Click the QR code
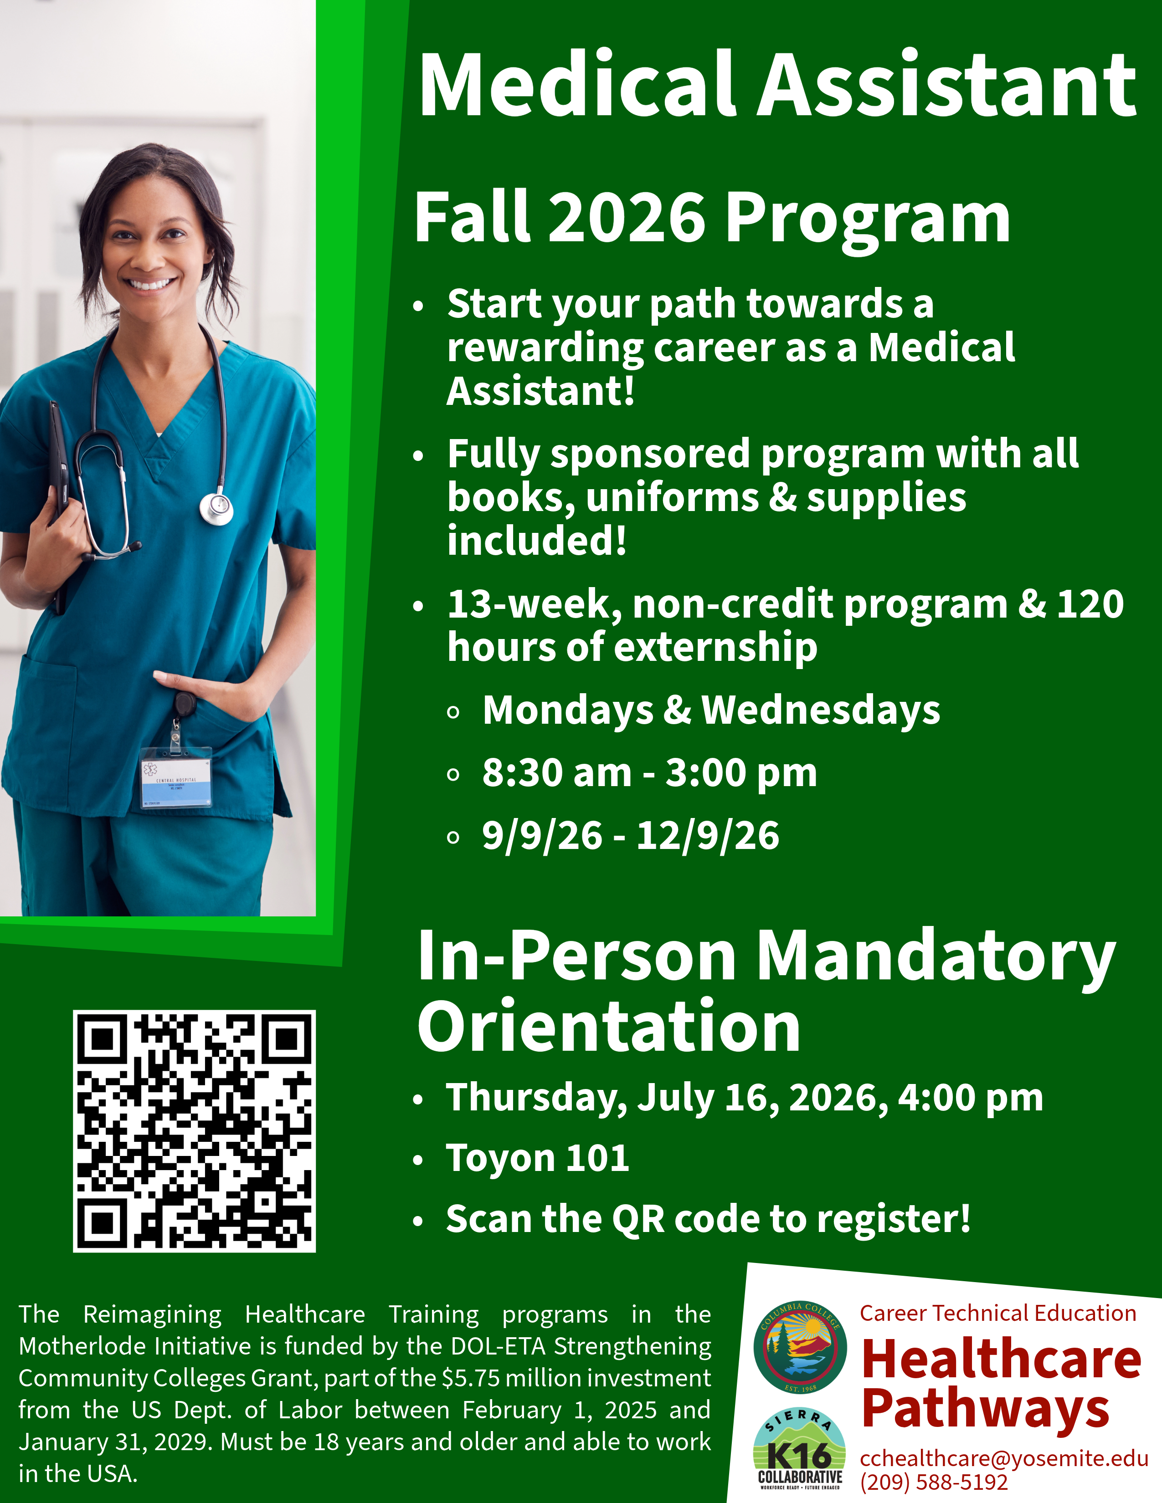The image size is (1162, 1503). (x=194, y=1131)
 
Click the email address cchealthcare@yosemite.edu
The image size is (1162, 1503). (x=1004, y=1458)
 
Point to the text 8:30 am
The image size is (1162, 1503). (x=556, y=773)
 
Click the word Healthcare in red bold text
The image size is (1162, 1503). (x=1001, y=1359)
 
